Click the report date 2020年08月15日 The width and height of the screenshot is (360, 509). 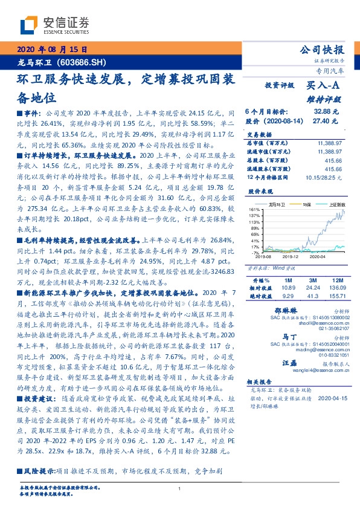(x=51, y=49)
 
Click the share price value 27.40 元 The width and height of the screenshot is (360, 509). (x=326, y=121)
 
